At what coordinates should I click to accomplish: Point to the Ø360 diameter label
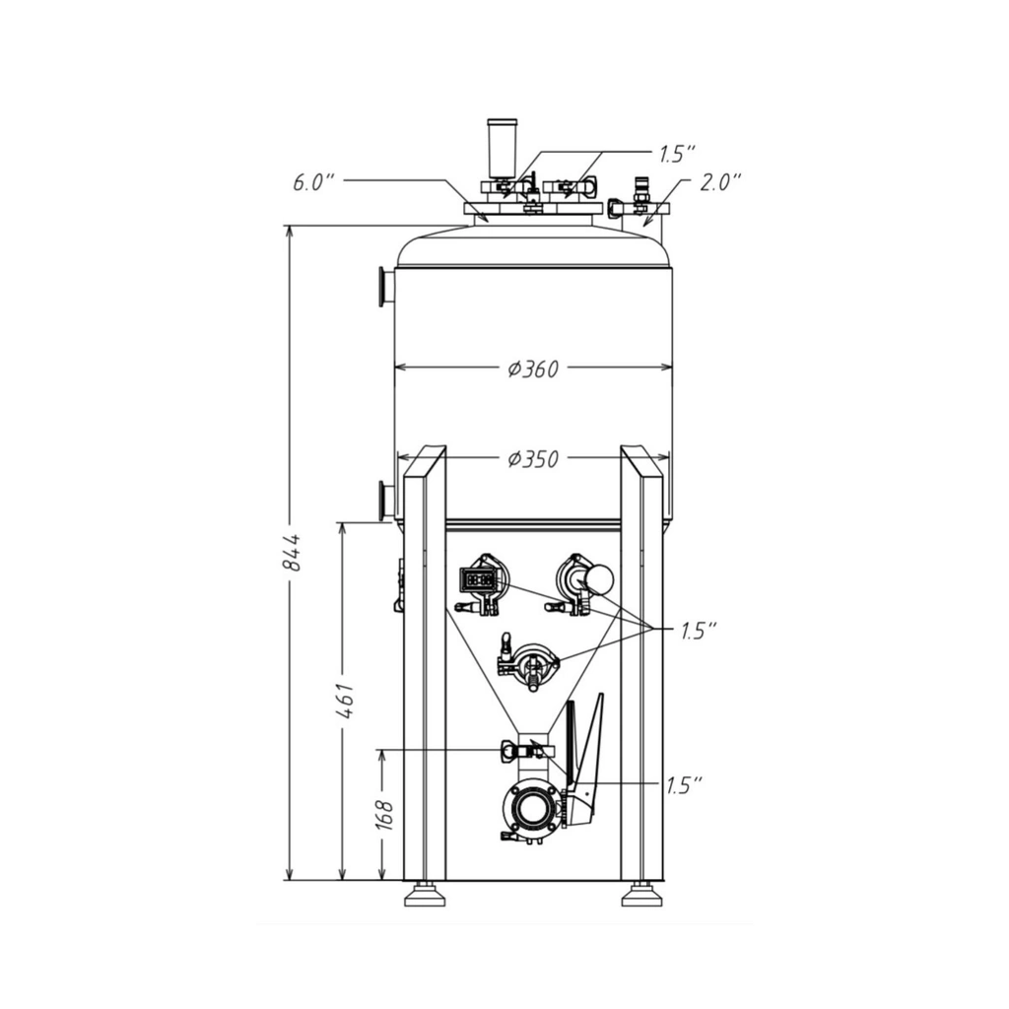click(533, 370)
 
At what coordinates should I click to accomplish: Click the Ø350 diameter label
click(533, 459)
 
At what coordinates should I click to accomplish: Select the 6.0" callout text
click(314, 182)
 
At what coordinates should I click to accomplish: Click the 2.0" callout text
click(719, 182)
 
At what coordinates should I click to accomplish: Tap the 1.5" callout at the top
click(677, 154)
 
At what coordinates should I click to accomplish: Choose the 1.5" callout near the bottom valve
click(684, 785)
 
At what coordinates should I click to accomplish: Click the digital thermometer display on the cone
click(480, 579)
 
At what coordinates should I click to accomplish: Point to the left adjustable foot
click(424, 895)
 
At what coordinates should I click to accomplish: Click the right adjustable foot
click(640, 895)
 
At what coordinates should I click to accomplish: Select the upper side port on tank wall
click(384, 287)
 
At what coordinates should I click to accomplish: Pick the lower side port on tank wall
click(384, 500)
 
